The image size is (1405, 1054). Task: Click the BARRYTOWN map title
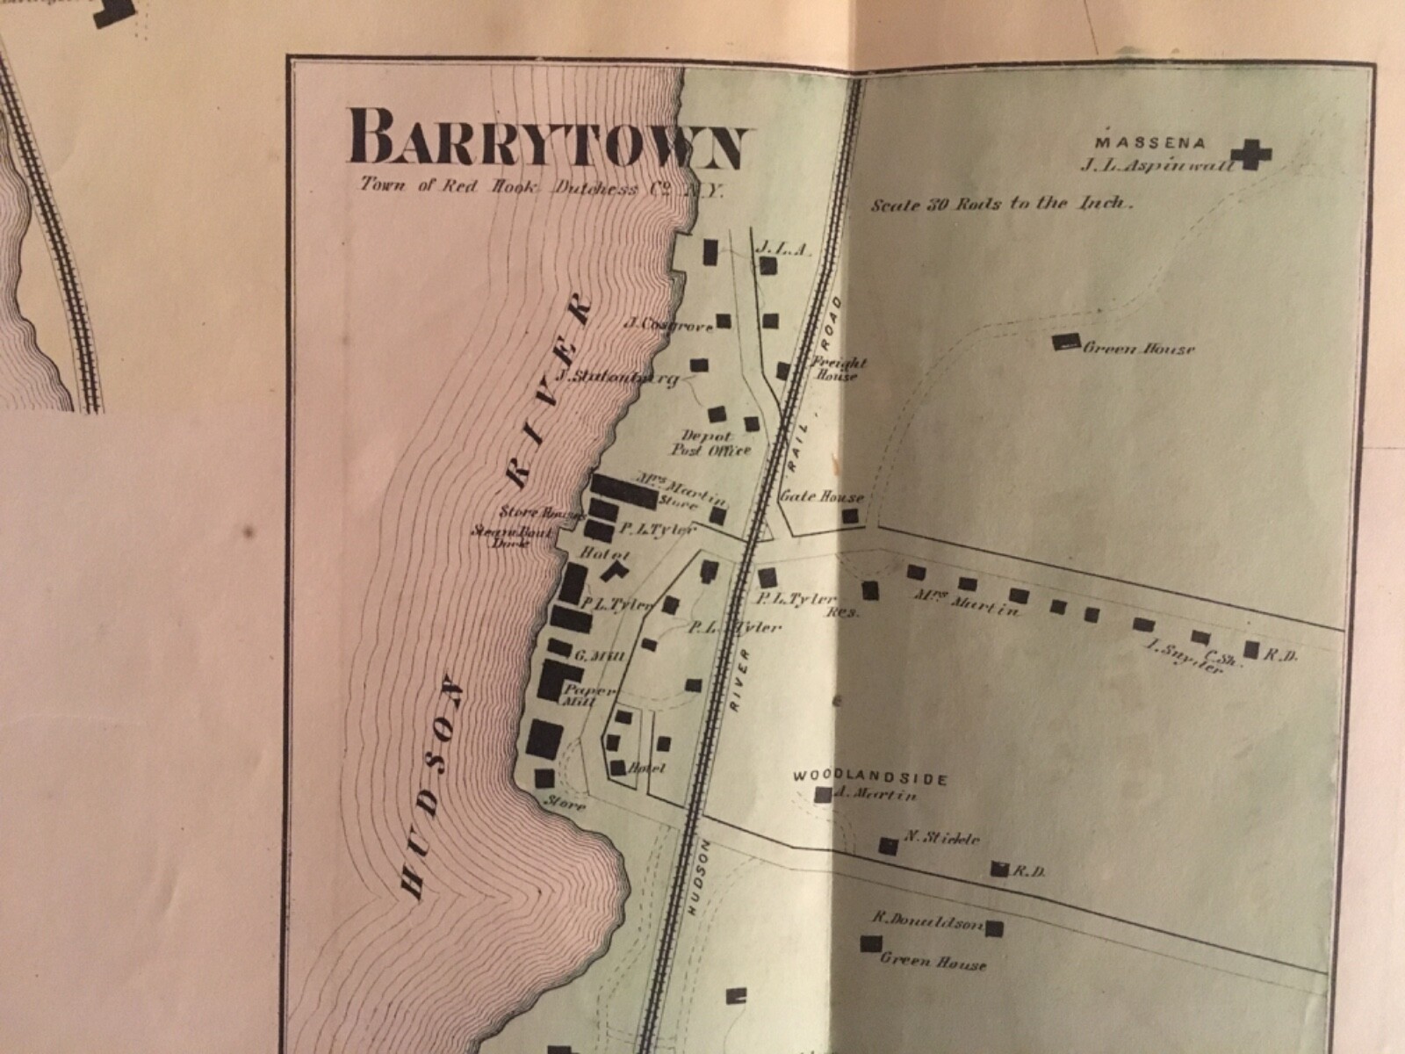549,138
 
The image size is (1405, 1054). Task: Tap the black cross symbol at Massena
1250,155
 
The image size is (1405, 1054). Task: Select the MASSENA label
1138,141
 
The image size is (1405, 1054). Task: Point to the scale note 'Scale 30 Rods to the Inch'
1001,204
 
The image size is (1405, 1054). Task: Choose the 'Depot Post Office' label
717,443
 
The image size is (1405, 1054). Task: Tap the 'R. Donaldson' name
926,920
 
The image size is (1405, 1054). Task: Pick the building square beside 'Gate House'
850,516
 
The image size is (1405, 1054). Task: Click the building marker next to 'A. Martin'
823,795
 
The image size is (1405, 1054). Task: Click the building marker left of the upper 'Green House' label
1067,342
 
